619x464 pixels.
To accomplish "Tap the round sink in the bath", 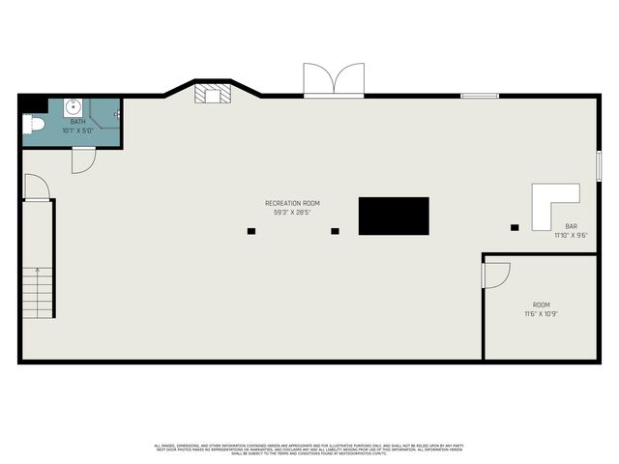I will coord(73,106).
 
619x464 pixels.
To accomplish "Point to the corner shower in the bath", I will coord(105,113).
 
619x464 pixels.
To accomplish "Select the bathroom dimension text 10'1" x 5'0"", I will coord(76,130).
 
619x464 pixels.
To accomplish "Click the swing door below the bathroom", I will coord(83,160).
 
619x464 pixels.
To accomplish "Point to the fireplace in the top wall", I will coord(211,94).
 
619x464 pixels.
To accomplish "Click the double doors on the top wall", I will coord(334,80).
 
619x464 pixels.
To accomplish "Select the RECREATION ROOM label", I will coord(292,203).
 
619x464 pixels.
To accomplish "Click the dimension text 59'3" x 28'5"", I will coord(292,212).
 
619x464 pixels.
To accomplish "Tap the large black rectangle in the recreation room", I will coord(394,216).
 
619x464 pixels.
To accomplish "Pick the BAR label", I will coord(571,225).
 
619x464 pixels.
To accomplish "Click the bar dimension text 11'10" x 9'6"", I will coord(571,234).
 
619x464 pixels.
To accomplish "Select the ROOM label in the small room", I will coord(541,304).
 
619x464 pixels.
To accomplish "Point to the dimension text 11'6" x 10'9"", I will coord(541,313).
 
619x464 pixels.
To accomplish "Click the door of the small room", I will coord(494,275).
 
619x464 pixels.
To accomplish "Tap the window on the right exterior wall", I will coord(599,164).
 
